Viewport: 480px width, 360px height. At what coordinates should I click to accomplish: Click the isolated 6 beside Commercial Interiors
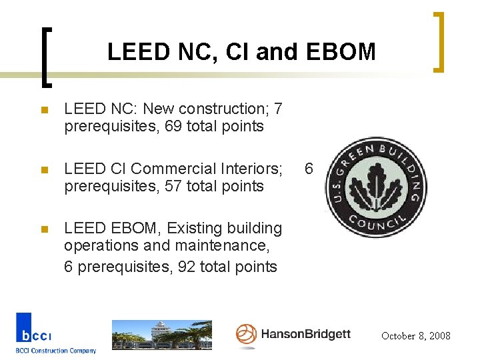(x=309, y=169)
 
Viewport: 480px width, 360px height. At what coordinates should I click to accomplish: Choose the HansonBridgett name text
(x=305, y=334)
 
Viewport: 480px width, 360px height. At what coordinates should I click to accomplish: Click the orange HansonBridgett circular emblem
(x=246, y=334)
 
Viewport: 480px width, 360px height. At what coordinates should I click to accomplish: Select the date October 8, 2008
(x=415, y=336)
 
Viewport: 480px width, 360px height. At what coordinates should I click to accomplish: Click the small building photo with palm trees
(x=161, y=335)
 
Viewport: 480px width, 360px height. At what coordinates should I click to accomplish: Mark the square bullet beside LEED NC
(x=44, y=109)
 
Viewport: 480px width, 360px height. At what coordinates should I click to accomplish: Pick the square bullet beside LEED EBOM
(x=44, y=229)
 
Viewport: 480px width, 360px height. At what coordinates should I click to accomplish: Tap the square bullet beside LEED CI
(x=44, y=169)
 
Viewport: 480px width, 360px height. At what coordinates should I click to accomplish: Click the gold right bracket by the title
(x=439, y=41)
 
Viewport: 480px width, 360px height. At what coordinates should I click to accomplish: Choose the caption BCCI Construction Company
(x=56, y=351)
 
